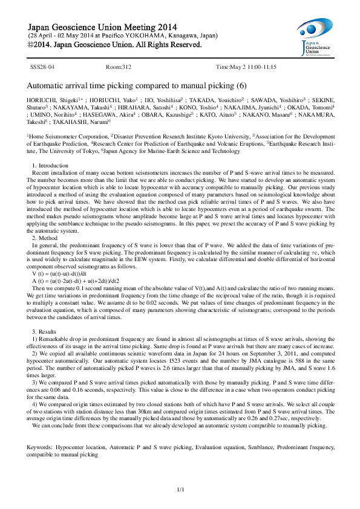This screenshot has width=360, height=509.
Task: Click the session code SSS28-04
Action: click(43, 66)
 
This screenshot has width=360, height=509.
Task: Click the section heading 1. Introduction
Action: click(50, 166)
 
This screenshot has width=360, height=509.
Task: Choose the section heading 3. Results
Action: click(45, 332)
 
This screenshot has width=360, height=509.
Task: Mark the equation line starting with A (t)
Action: click(71, 280)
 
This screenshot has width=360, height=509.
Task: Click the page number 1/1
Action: click(180, 488)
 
